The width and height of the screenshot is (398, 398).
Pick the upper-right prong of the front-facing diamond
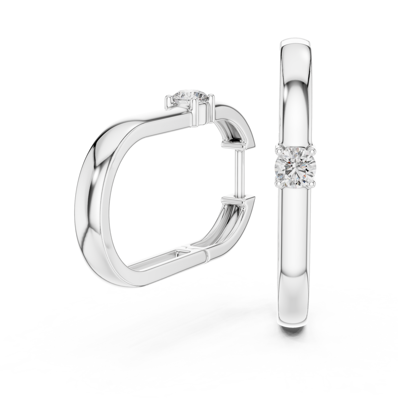point(311,151)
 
